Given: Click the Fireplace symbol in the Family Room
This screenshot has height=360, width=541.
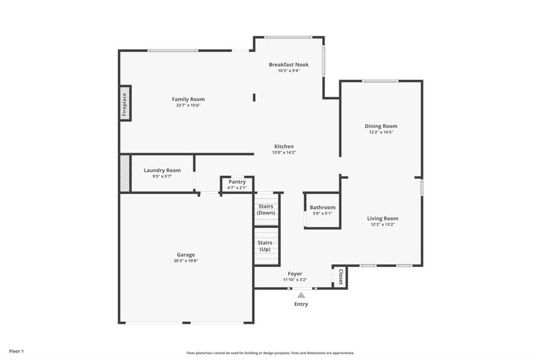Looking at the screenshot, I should click(x=125, y=103).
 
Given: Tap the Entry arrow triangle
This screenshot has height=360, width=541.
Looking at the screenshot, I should click(x=301, y=295).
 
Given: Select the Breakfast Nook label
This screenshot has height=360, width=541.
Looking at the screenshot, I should click(x=288, y=64).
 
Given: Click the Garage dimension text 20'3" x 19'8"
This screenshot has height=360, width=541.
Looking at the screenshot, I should click(x=186, y=261).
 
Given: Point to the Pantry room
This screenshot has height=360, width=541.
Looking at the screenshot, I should click(x=237, y=185).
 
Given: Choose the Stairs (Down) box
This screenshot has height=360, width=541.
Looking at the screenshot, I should click(x=266, y=209).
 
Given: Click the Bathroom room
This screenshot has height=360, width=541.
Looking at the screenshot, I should click(x=322, y=210).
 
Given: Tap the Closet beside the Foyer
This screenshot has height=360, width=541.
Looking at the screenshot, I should click(x=341, y=277).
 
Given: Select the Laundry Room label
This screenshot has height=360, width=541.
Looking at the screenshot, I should click(x=162, y=170).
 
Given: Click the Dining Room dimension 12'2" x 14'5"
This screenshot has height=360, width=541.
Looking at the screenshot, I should click(x=380, y=132).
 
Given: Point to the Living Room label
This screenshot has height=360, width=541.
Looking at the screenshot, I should click(x=383, y=218).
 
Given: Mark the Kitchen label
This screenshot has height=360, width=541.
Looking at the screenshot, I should click(x=284, y=146).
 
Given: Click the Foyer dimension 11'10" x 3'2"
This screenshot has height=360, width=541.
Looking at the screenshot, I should click(x=295, y=280).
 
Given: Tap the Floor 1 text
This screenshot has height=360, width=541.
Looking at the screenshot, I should click(x=16, y=351).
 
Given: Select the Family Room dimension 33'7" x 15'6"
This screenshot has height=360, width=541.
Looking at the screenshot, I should click(x=188, y=105).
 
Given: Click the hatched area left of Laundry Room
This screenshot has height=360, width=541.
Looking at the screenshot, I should click(x=125, y=173).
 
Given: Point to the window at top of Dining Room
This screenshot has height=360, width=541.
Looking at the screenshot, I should click(x=380, y=81).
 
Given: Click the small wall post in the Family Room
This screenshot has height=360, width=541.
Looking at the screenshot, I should click(x=254, y=97).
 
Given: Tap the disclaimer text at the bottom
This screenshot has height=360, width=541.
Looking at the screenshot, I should click(x=270, y=353).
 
